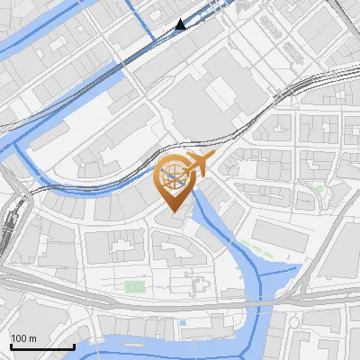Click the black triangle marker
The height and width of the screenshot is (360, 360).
click(x=181, y=24)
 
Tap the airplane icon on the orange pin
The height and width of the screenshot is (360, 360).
click(x=201, y=164)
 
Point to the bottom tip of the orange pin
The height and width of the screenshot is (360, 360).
click(x=174, y=213)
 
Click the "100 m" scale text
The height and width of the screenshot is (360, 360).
click(x=23, y=338)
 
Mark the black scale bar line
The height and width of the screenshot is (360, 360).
click(x=42, y=346)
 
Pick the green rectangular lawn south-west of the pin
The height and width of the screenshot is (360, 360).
click(x=134, y=286)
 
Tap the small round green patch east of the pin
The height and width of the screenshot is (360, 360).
click(x=319, y=190)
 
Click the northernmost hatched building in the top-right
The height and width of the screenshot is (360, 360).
click(x=269, y=21)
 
